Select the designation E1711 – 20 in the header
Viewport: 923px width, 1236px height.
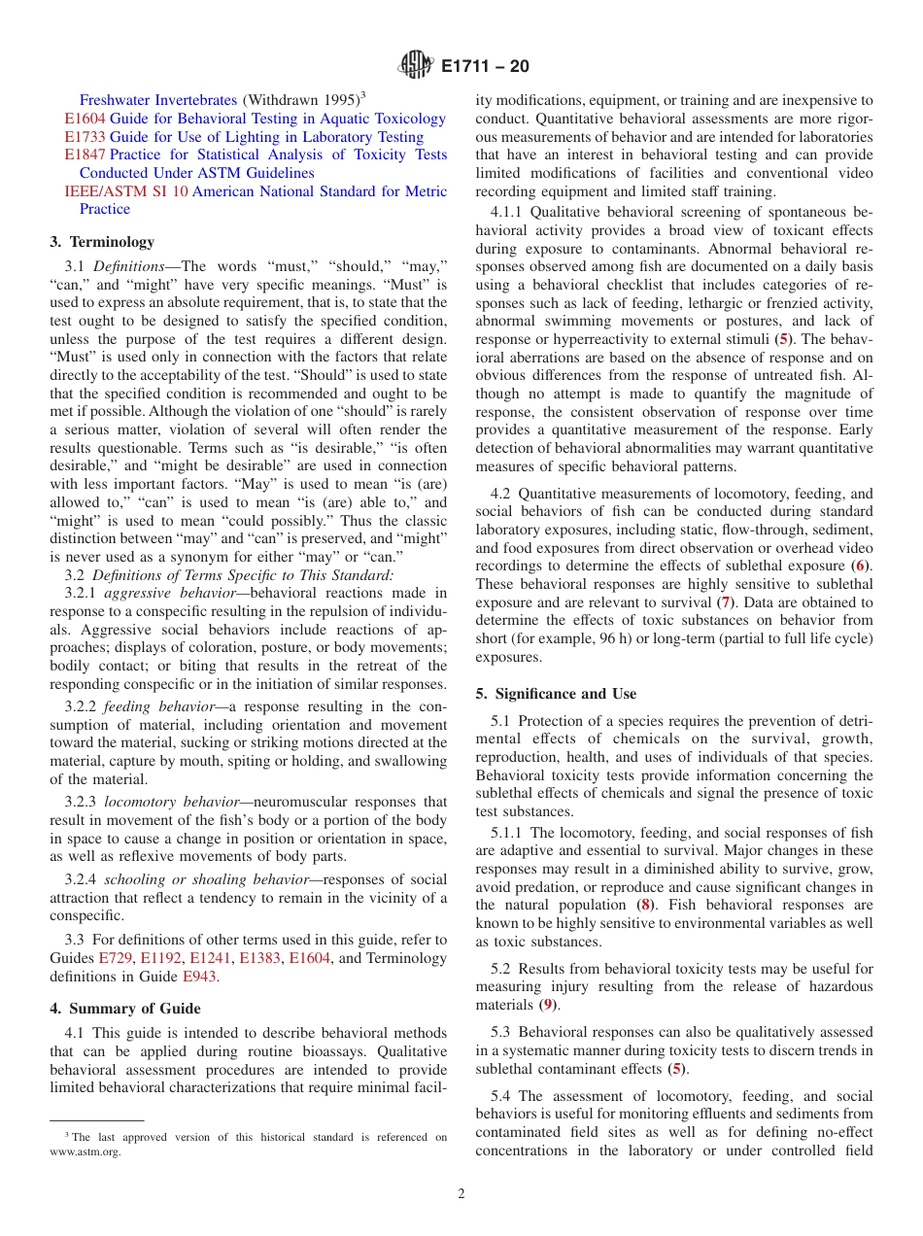(x=485, y=68)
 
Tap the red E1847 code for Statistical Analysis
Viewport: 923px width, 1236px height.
(x=85, y=154)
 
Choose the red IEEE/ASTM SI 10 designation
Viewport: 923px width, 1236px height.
(x=126, y=191)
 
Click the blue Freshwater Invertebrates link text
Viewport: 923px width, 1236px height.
(x=157, y=100)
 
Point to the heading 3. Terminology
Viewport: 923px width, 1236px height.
(x=102, y=242)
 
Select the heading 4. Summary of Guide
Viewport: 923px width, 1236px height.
(x=125, y=1008)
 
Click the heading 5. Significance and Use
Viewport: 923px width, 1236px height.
(x=556, y=694)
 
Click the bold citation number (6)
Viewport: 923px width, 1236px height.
(x=861, y=566)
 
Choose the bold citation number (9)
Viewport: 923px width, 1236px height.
(x=549, y=1005)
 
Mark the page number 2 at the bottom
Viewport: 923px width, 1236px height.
(x=461, y=1194)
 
